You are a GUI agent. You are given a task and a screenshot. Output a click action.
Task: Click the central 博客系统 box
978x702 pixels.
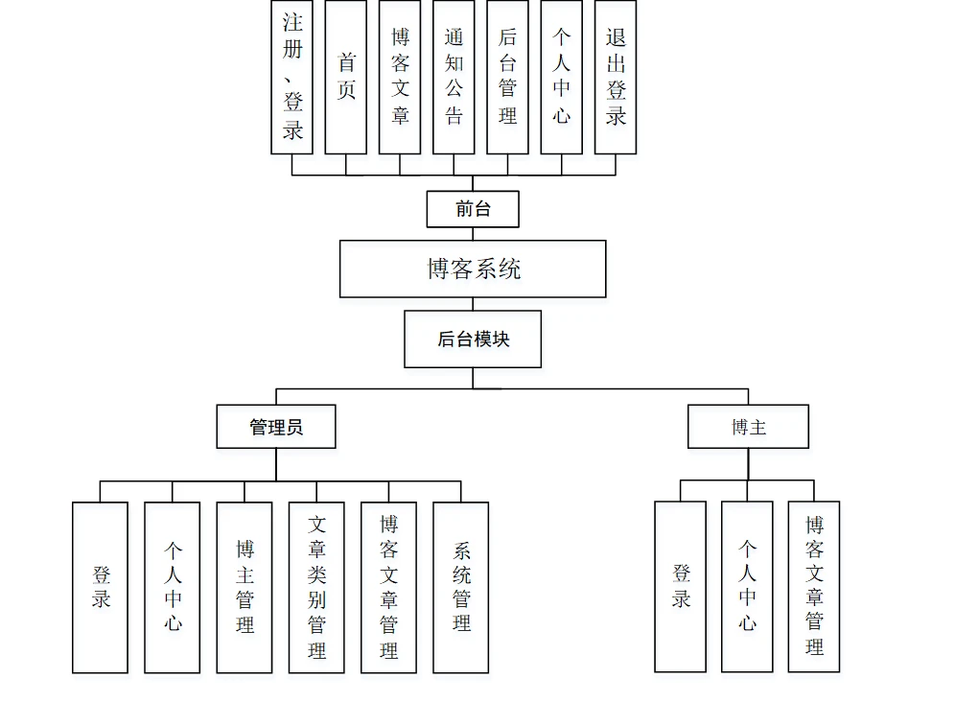pos(473,269)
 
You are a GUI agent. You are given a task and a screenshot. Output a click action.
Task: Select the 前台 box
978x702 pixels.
pos(473,209)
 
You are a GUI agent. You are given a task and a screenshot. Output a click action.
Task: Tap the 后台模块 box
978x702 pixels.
pos(473,339)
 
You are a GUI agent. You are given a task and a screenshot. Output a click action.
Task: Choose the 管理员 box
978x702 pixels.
pos(276,427)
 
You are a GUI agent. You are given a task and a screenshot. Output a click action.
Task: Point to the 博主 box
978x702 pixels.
pos(749,427)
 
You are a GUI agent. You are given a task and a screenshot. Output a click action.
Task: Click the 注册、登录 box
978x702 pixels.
pos(291,77)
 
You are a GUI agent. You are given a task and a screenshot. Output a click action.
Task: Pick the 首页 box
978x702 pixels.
pos(345,77)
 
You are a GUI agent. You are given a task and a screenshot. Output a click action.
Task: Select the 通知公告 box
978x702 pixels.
pos(454,77)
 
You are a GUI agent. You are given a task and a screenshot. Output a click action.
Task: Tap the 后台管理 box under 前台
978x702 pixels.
pos(508,77)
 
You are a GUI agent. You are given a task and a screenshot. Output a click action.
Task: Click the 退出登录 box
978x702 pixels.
pos(616,77)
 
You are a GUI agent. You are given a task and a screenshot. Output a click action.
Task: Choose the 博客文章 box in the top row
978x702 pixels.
pos(400,77)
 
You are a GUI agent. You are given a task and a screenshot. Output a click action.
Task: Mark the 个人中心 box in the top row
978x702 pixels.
pos(561,77)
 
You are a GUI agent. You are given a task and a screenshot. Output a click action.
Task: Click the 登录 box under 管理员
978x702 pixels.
pos(101,588)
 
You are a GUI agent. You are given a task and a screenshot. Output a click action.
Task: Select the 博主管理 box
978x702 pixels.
pos(244,588)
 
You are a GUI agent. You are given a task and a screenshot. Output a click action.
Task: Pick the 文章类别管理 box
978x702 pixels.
pos(316,588)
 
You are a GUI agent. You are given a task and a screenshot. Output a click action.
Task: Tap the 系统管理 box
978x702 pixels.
pos(461,588)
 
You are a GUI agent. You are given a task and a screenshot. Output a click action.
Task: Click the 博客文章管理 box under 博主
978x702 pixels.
pos(814,587)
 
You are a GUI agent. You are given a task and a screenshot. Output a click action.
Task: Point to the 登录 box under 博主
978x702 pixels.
pos(681,587)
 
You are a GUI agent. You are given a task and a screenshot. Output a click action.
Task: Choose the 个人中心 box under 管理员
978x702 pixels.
pos(173,588)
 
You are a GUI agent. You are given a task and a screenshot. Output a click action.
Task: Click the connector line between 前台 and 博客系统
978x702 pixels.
pos(473,234)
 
